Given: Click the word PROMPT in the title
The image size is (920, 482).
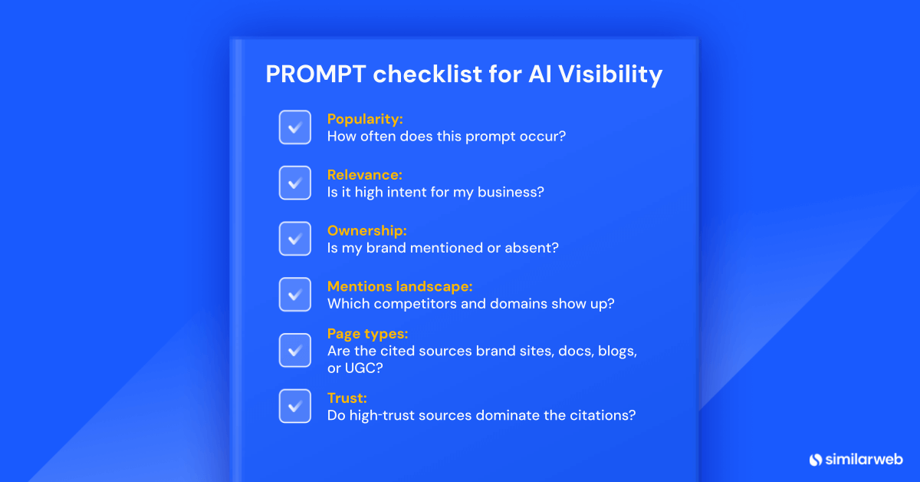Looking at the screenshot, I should [x=315, y=74].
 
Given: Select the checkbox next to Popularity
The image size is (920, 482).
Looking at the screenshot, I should [x=294, y=127].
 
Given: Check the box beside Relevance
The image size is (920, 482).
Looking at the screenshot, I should [x=294, y=183].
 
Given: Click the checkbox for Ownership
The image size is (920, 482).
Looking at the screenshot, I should [x=294, y=239].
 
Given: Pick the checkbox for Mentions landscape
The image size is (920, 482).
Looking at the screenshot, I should [x=294, y=294].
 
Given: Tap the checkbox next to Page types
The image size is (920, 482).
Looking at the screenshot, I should [x=294, y=350].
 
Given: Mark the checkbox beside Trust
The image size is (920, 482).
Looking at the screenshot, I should [x=294, y=406].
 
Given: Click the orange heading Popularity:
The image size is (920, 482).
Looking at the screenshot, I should [x=365, y=119].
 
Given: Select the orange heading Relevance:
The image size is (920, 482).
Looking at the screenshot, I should [x=364, y=175].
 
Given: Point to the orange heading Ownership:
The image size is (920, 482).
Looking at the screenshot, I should [x=366, y=230].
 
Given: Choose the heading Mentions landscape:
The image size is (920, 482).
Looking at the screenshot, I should [x=399, y=286].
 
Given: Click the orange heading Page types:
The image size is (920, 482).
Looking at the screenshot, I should [x=367, y=334].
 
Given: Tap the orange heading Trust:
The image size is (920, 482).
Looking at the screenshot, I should [x=347, y=398].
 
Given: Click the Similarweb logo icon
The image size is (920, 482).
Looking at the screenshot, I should [x=816, y=459].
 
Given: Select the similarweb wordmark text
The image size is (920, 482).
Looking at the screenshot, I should [x=865, y=459].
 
